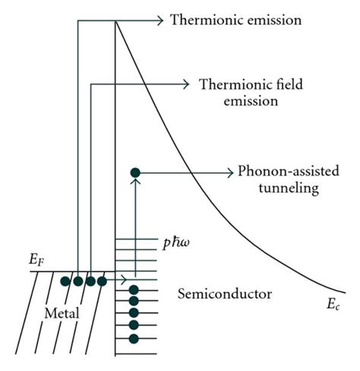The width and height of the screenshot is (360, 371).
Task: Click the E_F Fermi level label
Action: [x=36, y=261]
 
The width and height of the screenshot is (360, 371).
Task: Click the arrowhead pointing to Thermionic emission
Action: [x=159, y=19]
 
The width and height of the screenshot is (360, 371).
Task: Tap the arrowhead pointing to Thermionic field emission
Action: [x=184, y=83]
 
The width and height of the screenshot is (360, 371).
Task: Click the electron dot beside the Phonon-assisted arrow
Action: [x=135, y=173]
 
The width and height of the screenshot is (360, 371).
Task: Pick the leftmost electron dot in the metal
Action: [x=65, y=281]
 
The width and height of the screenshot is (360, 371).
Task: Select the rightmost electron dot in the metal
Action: [x=102, y=281]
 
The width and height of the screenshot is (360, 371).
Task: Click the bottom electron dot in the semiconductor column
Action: [x=134, y=337]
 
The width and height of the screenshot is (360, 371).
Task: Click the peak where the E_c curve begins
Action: [x=115, y=20]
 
